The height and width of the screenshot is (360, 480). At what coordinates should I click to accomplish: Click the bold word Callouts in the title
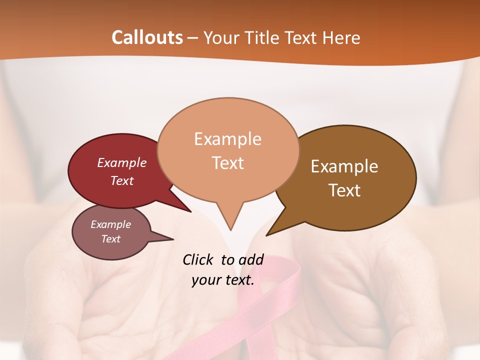pyautogui.click(x=147, y=37)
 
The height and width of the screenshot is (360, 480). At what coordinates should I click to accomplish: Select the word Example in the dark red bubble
pyautogui.click(x=122, y=162)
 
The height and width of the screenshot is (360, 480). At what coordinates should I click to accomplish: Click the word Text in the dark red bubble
pyautogui.click(x=122, y=180)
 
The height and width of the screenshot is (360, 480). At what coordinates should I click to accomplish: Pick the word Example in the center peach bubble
pyautogui.click(x=228, y=139)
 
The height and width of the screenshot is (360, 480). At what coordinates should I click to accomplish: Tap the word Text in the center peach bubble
pyautogui.click(x=228, y=163)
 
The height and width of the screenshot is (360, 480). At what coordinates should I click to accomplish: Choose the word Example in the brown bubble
pyautogui.click(x=344, y=166)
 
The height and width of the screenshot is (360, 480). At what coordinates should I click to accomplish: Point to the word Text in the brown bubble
pyautogui.click(x=344, y=190)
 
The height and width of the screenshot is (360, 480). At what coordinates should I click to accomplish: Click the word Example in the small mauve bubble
pyautogui.click(x=111, y=224)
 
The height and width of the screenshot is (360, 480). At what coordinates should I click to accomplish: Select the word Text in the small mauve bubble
pyautogui.click(x=111, y=239)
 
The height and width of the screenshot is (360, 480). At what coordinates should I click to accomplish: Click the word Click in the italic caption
pyautogui.click(x=198, y=259)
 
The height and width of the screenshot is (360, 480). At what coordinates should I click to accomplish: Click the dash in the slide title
pyautogui.click(x=193, y=38)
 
